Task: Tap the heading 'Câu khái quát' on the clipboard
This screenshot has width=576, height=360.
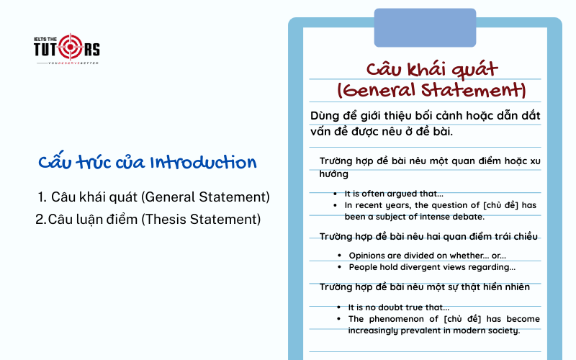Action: pyautogui.click(x=431, y=70)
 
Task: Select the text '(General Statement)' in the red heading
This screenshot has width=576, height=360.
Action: pyautogui.click(x=431, y=91)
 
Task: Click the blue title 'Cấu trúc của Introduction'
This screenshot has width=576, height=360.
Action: pyautogui.click(x=147, y=162)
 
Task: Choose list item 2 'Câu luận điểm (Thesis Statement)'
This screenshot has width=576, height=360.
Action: pyautogui.click(x=154, y=219)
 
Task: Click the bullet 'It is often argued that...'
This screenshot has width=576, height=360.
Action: pyautogui.click(x=394, y=194)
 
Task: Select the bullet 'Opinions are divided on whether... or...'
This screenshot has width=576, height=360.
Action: pyautogui.click(x=427, y=256)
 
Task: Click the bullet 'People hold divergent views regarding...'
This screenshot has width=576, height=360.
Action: pyautogui.click(x=432, y=267)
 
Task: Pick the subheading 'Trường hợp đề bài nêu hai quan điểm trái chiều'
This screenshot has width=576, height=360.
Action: pyautogui.click(x=428, y=236)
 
